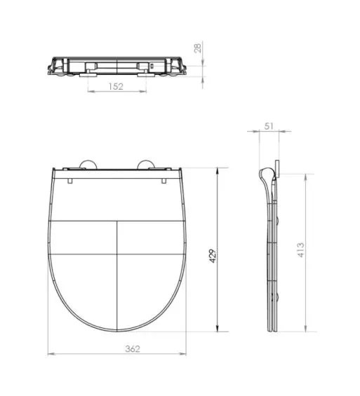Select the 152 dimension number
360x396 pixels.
tap(117, 87)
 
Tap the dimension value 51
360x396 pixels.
tap(269, 126)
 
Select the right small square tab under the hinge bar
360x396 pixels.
tap(164, 179)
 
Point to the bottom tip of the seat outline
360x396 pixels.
tap(117, 332)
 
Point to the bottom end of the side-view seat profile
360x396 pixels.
tap(272, 331)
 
